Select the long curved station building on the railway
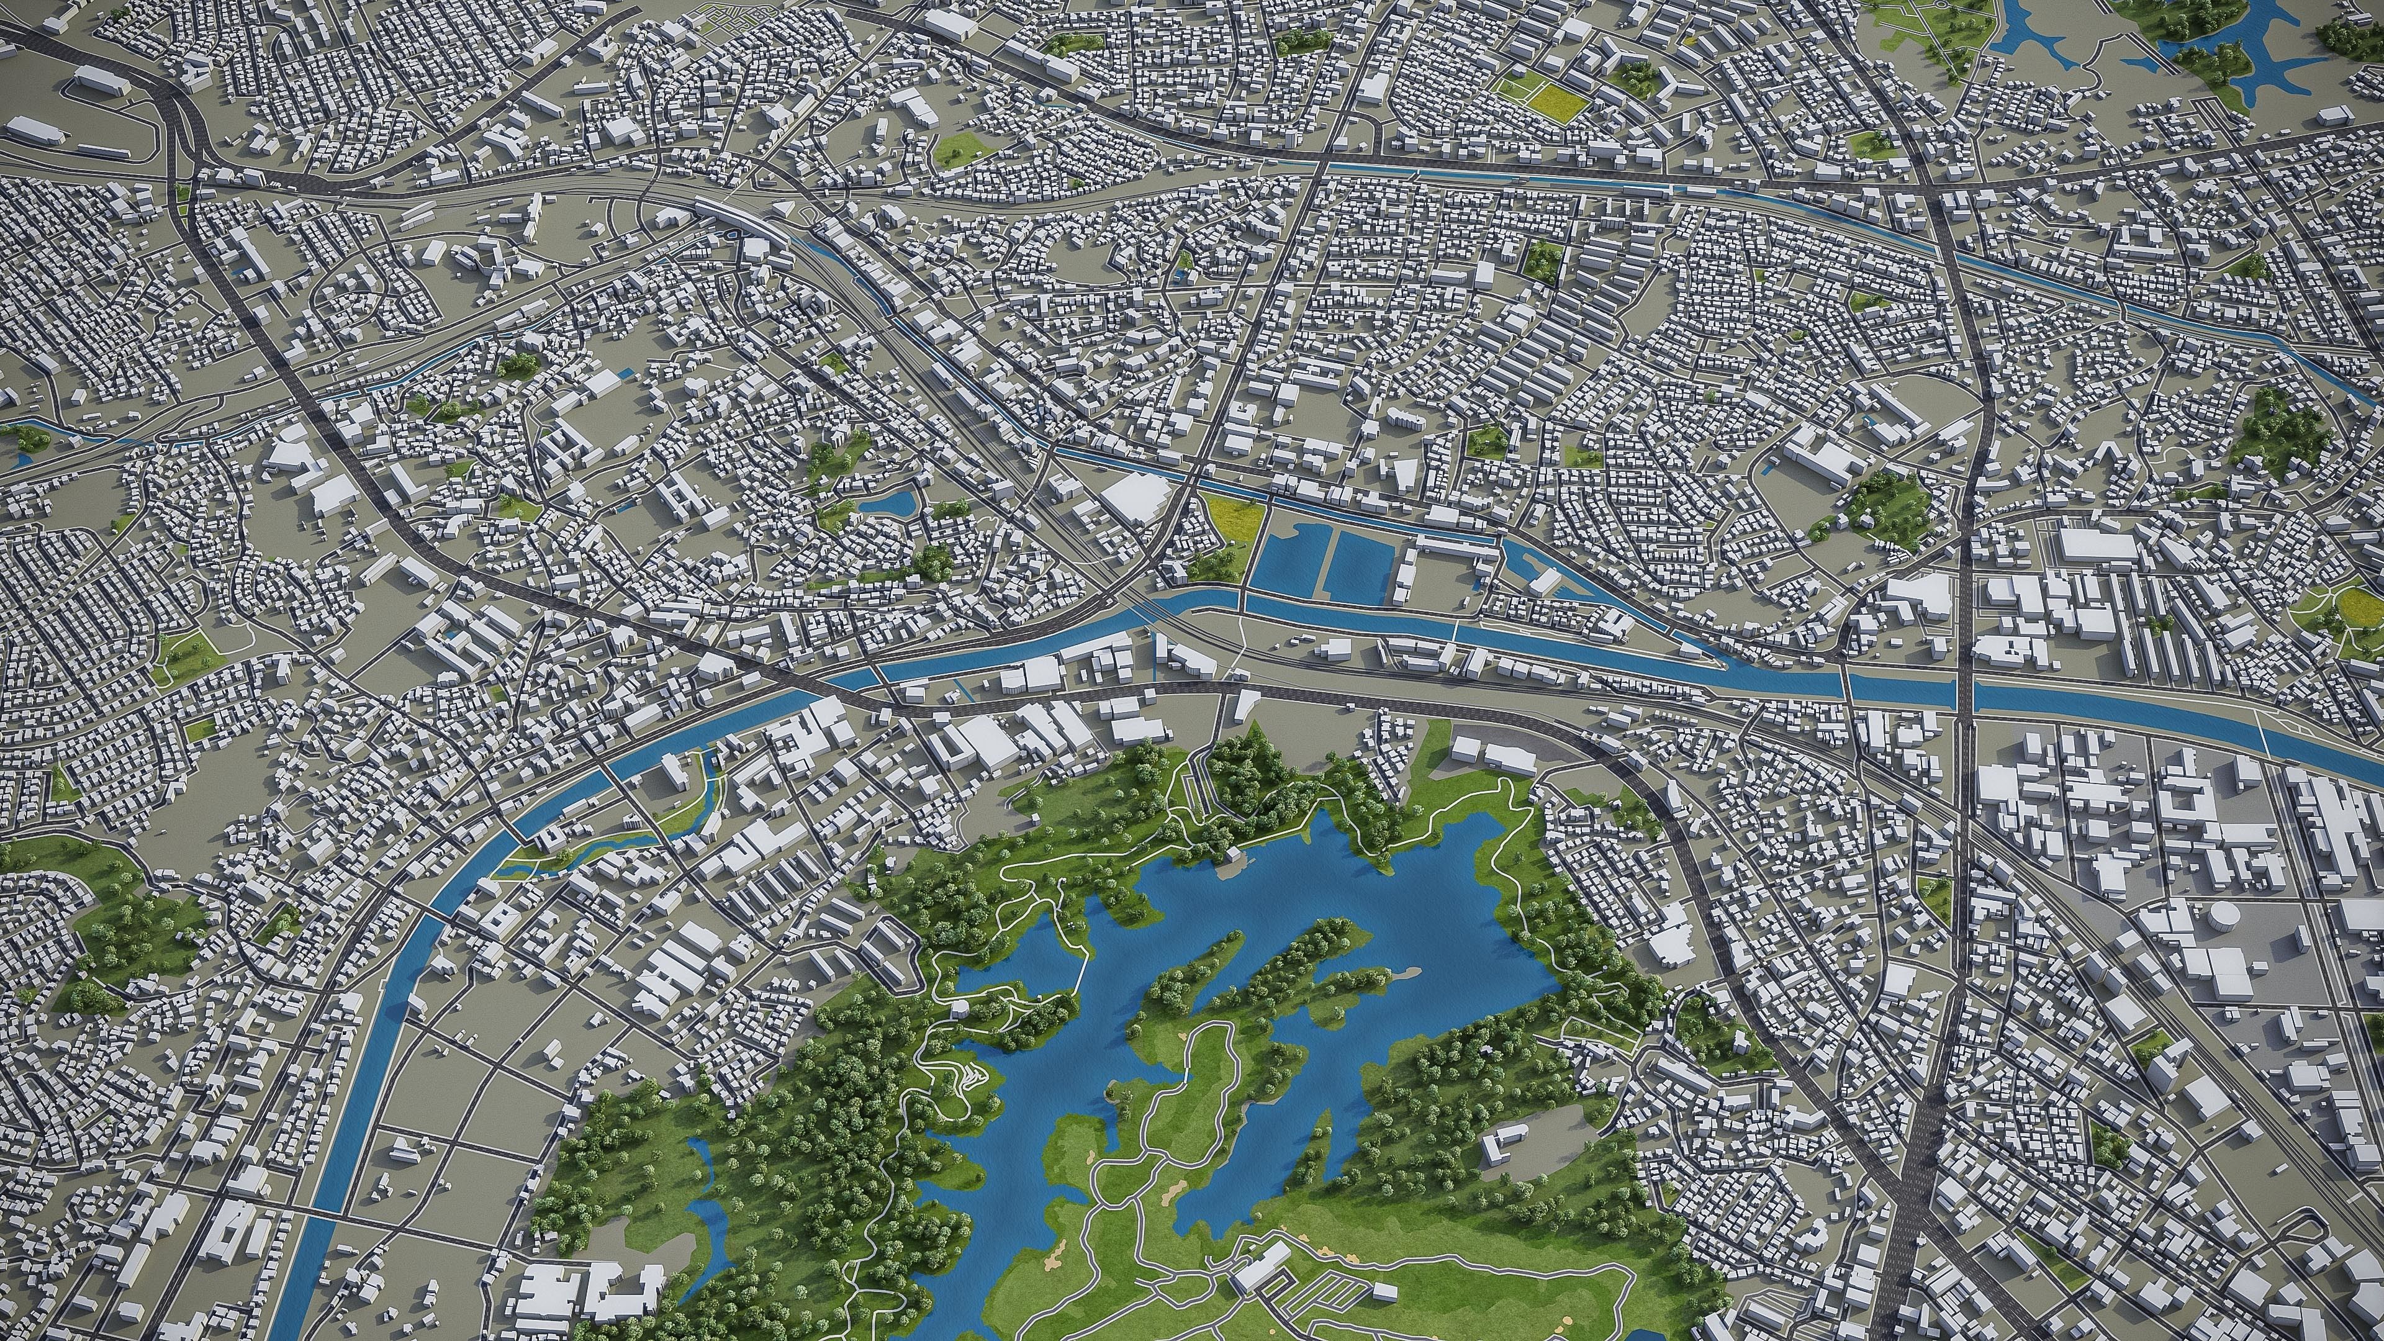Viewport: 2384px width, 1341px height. tap(736, 215)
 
